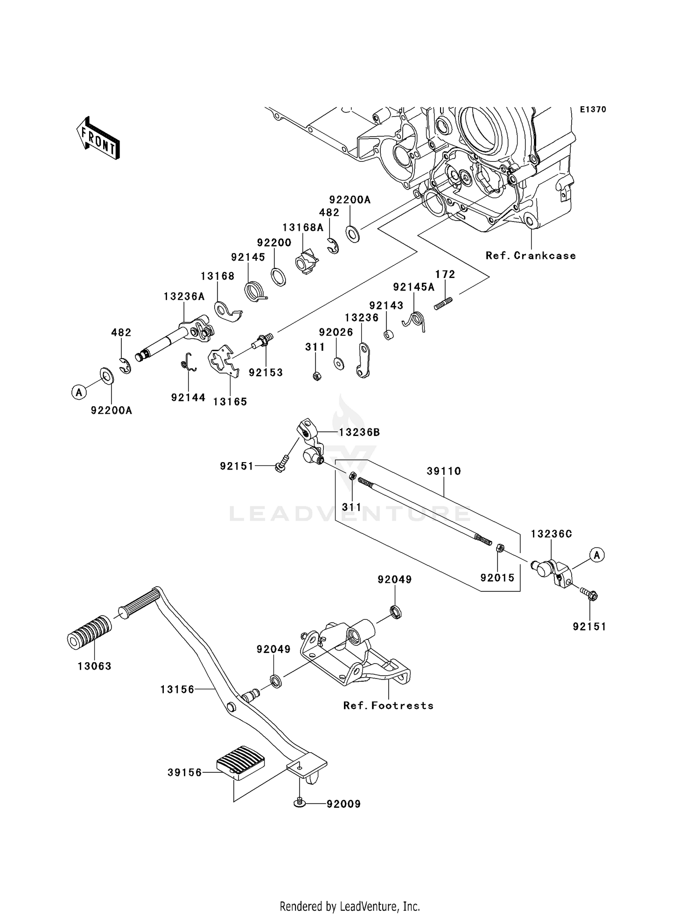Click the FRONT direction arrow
[x=98, y=139]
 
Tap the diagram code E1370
[x=593, y=110]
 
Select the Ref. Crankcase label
[x=531, y=256]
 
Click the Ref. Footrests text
[x=388, y=706]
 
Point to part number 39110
[x=443, y=471]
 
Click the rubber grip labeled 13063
[x=90, y=632]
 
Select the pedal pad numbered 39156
[x=241, y=763]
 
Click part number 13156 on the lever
[x=177, y=689]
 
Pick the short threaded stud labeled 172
[x=443, y=304]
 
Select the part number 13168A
[x=302, y=227]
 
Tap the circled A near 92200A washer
[x=79, y=392]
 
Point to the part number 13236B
[x=359, y=432]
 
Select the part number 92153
[x=266, y=372]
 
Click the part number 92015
[x=497, y=578]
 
